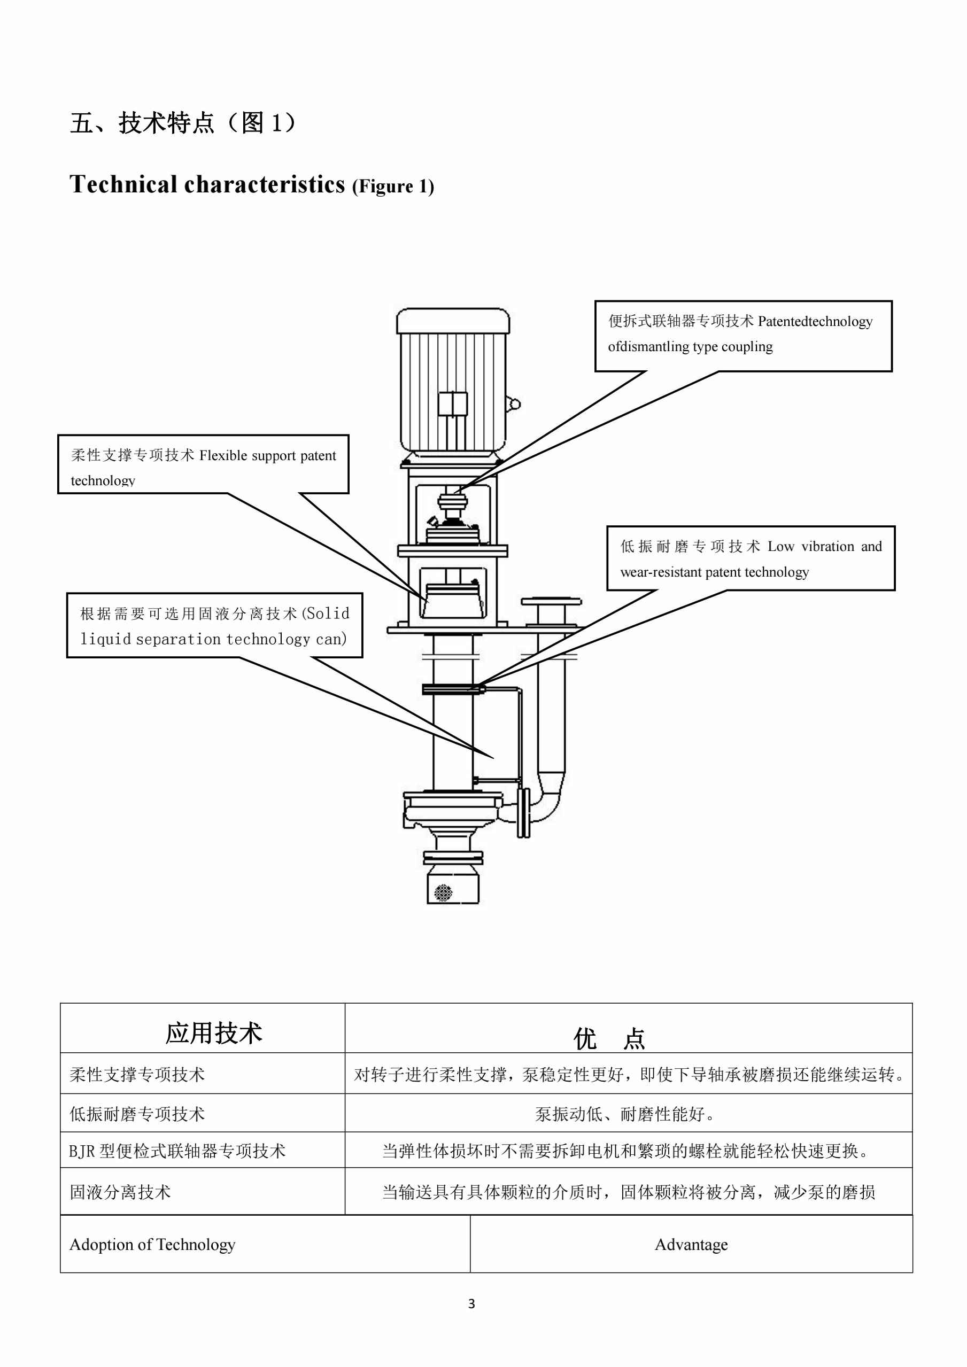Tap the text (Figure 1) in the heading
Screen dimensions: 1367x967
click(x=393, y=187)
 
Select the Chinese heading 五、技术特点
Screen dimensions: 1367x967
click(x=141, y=123)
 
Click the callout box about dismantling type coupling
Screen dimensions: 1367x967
click(x=742, y=335)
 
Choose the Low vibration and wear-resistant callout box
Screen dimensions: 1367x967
click(x=751, y=558)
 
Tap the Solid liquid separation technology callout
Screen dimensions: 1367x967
click(x=214, y=626)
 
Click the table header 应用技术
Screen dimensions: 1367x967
click(x=213, y=1033)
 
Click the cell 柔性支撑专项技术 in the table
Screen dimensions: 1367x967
click(x=137, y=1075)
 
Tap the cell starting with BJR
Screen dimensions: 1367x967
click(x=177, y=1151)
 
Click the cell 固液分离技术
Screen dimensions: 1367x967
click(x=120, y=1192)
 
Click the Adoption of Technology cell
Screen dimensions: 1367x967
click(x=152, y=1244)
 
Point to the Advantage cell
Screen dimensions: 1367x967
click(x=691, y=1244)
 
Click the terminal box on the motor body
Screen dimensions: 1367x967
click(x=453, y=403)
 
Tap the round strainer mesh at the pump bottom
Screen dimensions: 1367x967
click(x=444, y=891)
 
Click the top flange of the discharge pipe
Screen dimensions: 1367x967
click(x=551, y=601)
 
